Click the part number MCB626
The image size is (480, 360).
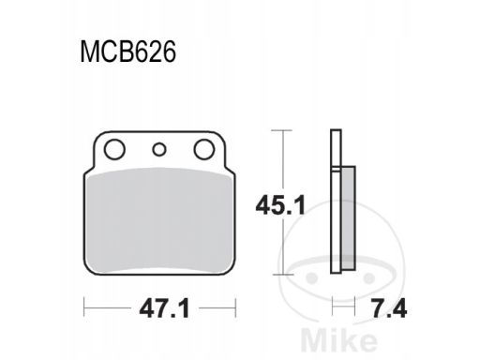128,52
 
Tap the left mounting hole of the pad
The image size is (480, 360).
114,149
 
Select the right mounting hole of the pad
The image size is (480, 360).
204,149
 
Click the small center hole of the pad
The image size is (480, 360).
159,150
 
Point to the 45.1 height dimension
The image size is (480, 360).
280,205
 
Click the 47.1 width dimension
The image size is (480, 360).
165,308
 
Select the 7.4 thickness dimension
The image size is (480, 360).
390,308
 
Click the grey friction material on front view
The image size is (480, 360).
159,219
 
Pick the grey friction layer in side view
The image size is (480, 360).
349,217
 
